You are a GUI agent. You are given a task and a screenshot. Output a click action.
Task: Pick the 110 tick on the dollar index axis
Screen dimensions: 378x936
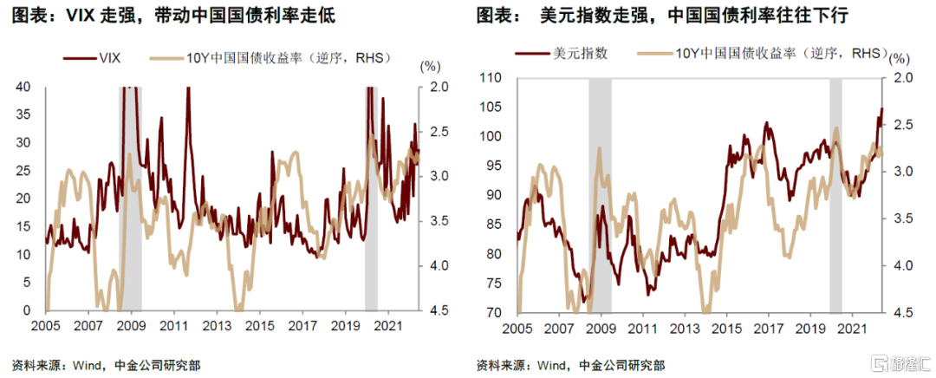point(491,79)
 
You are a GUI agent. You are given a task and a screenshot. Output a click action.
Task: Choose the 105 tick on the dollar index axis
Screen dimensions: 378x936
point(491,108)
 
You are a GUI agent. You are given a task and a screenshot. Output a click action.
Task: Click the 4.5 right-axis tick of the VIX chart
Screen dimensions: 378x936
point(439,310)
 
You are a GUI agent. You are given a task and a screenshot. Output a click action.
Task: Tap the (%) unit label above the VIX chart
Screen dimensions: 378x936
point(430,67)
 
